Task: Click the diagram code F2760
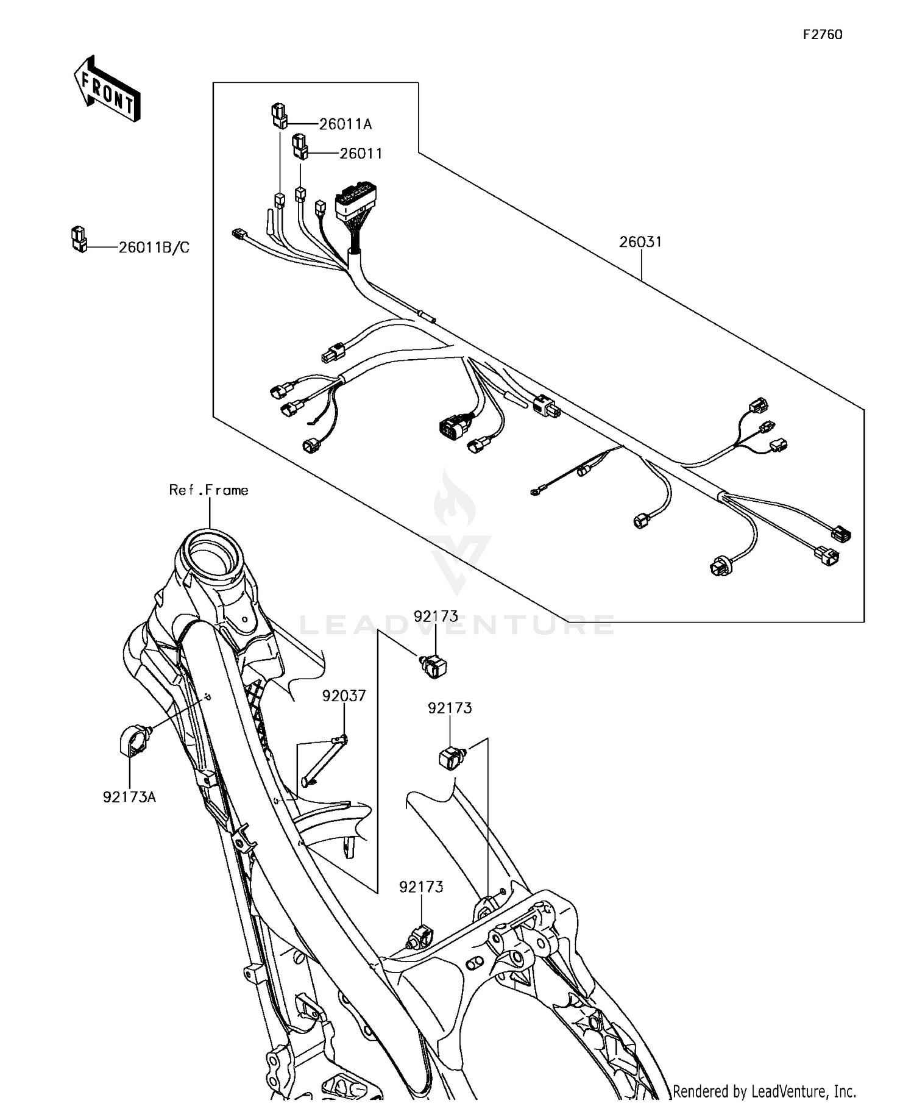click(x=822, y=35)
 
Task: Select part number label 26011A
click(x=345, y=124)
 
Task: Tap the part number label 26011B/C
click(x=154, y=248)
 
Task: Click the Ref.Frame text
click(x=208, y=490)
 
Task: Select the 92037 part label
click(x=344, y=696)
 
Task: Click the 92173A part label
click(x=129, y=797)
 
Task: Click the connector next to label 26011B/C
click(x=79, y=239)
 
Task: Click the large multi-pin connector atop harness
click(x=355, y=202)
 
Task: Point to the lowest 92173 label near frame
click(x=421, y=887)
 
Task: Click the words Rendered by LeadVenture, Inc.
click(x=764, y=1090)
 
